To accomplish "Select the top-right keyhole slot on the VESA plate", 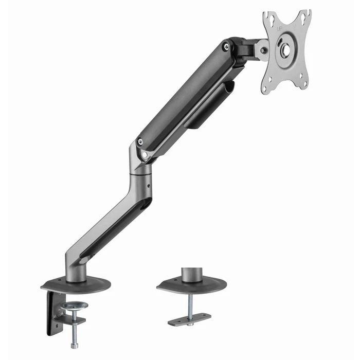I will (305, 15).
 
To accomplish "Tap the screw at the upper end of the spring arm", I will (225, 47).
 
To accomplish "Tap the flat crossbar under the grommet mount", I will (189, 319).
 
